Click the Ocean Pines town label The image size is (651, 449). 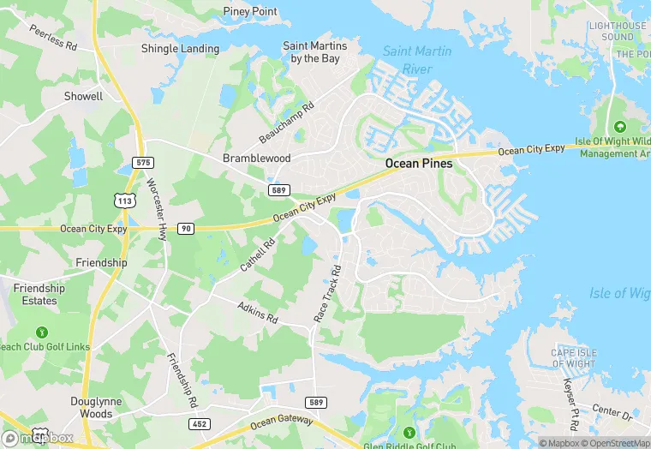pos(425,164)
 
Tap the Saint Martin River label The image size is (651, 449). pos(416,59)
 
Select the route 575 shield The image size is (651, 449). pos(143,163)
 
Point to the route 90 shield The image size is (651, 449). pos(186,229)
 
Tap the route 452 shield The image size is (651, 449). pos(199,423)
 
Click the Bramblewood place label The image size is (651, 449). pos(257,159)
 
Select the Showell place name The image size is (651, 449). pos(83,97)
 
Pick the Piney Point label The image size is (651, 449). pos(251,12)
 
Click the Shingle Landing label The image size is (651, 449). pos(180,49)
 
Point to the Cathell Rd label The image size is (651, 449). pos(257,255)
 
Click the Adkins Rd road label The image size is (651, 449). pos(258,313)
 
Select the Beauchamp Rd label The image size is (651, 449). pos(287,123)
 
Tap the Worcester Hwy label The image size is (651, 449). pos(156,207)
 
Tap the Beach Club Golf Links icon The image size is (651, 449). pos(41,332)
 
